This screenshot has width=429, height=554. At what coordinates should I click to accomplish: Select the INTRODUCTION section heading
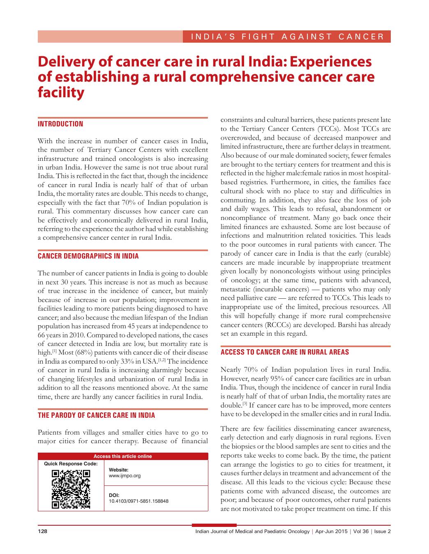point(60,124)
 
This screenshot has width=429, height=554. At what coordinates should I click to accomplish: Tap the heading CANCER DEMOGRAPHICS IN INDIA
point(88,256)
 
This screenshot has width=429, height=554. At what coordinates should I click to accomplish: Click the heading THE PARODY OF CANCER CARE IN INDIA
point(97,415)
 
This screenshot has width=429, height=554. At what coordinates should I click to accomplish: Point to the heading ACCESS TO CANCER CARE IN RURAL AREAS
point(285,352)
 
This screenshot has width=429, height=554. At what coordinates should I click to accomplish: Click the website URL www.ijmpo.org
point(125,476)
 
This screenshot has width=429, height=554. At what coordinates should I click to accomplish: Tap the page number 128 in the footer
point(43,531)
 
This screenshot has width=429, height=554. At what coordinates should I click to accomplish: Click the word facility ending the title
point(61,92)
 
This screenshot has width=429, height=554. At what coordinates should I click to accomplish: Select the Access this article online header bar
point(123,456)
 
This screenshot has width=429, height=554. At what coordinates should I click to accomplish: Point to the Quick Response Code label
point(71,464)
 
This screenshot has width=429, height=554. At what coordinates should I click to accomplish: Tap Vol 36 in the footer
point(360,531)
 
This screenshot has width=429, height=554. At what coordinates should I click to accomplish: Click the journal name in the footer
point(252,531)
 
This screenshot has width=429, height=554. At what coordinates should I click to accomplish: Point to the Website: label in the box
point(119,470)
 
